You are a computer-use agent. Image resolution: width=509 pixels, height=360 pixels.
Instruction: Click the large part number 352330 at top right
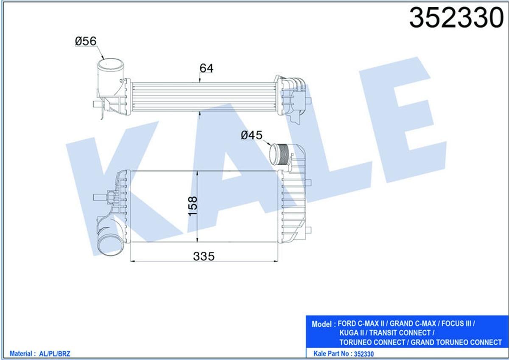click(456, 18)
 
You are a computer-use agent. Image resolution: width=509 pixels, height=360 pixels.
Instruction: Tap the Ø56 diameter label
click(86, 41)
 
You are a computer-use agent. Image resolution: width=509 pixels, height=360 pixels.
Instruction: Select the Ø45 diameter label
click(252, 135)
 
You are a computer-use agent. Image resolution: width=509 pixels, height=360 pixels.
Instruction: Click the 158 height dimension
click(193, 207)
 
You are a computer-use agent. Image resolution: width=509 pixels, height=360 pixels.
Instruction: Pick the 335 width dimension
click(203, 256)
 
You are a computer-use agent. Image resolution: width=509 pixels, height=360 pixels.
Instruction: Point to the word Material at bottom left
click(21, 353)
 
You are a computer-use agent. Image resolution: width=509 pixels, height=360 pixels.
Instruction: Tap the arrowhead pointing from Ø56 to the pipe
click(103, 57)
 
